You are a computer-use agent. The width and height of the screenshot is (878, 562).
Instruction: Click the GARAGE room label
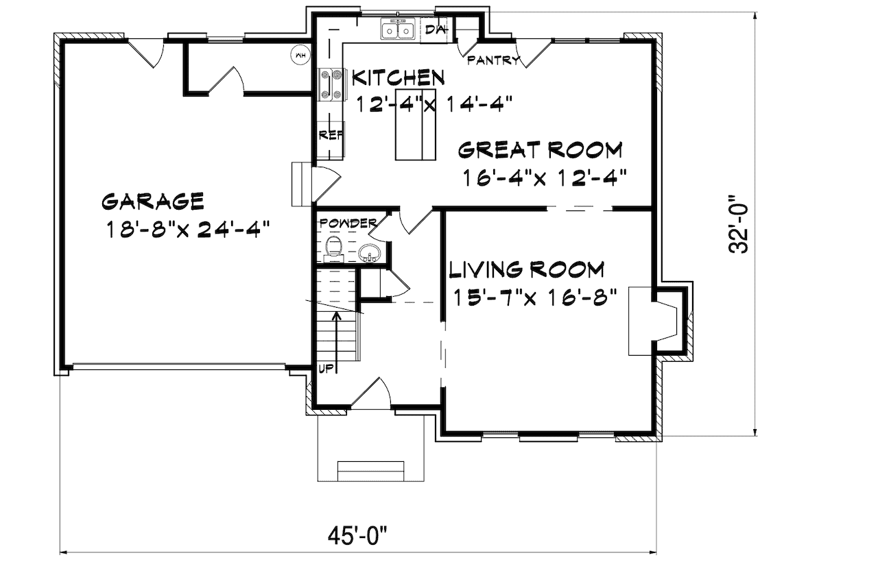click(x=152, y=201)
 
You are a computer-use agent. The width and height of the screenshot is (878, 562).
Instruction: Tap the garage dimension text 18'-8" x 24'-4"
click(x=186, y=228)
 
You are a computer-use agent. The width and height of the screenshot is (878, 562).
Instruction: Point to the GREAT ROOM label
click(x=541, y=149)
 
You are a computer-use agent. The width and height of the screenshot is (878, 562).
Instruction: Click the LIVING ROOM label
click(x=526, y=269)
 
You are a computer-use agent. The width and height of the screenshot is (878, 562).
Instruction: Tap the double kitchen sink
click(x=398, y=31)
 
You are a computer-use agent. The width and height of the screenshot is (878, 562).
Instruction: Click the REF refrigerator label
click(x=330, y=135)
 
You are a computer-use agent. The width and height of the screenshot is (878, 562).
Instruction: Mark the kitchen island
click(x=415, y=124)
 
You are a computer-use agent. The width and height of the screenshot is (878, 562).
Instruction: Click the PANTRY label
click(x=493, y=60)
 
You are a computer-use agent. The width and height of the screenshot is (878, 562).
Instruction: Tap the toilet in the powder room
click(x=333, y=247)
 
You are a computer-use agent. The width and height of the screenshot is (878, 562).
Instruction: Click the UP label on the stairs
click(x=326, y=369)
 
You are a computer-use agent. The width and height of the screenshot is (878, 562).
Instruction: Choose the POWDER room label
click(x=348, y=223)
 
